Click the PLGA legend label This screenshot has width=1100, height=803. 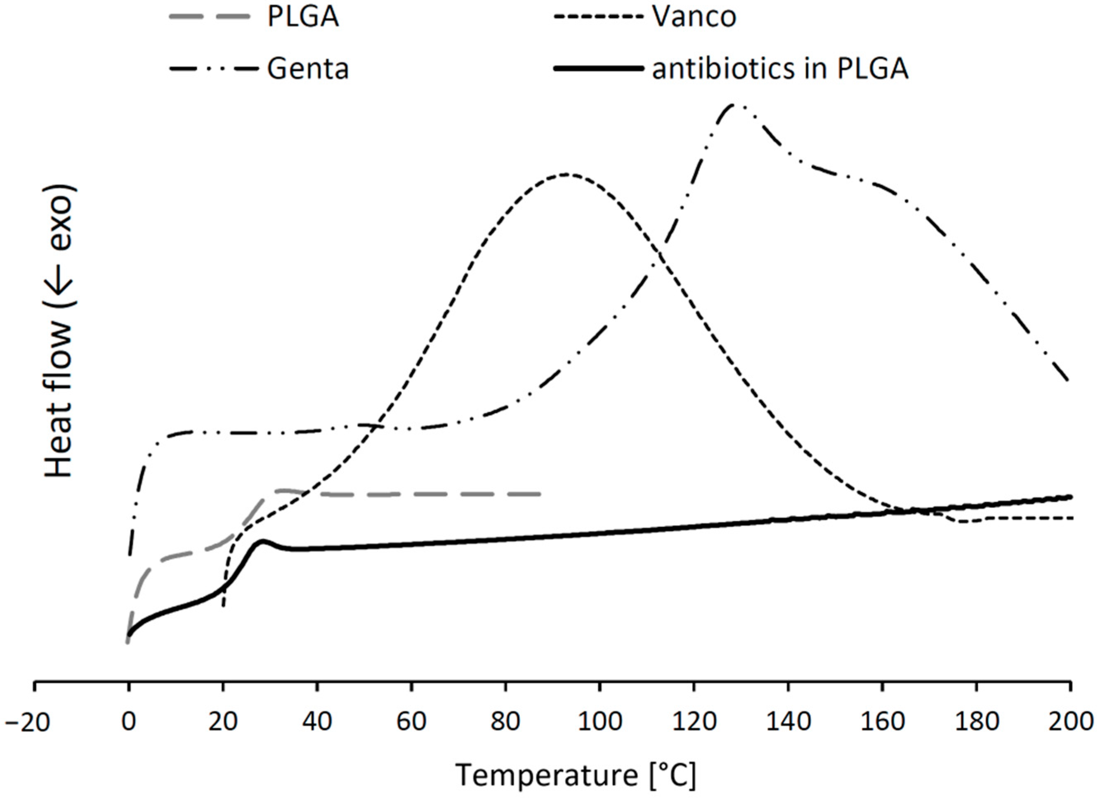pos(303,17)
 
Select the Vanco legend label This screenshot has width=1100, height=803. pos(694,17)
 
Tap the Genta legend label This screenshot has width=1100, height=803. pos(308,69)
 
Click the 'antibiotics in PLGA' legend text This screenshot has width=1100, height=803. pos(780,69)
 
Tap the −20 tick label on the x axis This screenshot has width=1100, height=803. pos(28,722)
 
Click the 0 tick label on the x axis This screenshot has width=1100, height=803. pos(128,722)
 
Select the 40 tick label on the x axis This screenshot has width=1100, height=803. pos(317,722)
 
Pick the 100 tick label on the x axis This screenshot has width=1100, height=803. pos(600,722)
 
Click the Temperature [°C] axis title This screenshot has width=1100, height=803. pos(576,776)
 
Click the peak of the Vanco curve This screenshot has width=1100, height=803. pos(566,174)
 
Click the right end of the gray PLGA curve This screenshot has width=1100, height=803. pos(540,494)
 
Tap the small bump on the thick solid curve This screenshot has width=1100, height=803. pos(263,541)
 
